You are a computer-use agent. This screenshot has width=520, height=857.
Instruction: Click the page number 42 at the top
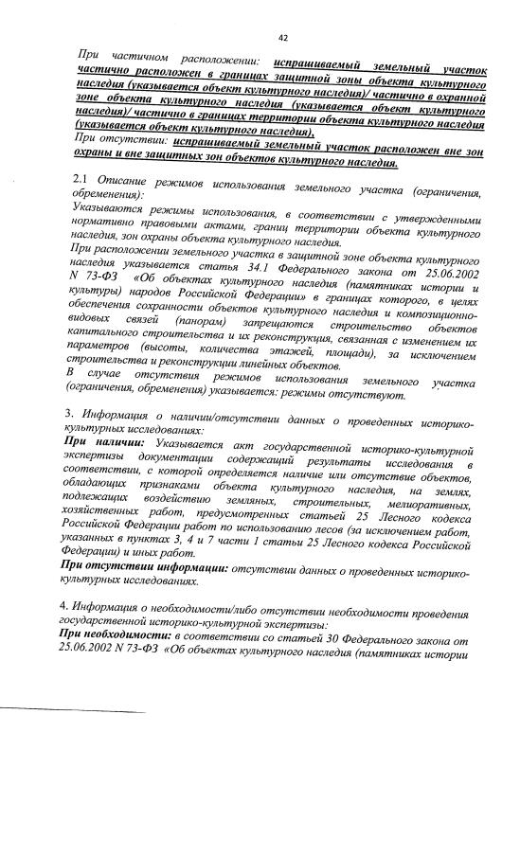click(x=282, y=38)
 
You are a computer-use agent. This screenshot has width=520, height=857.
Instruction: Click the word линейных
click(x=257, y=366)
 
